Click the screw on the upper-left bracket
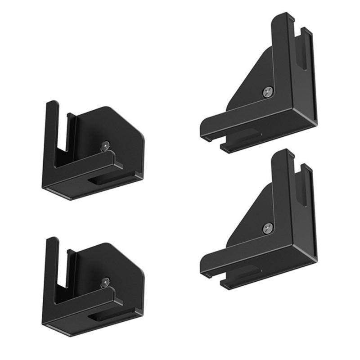click(x=106, y=145)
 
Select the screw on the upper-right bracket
click(x=267, y=92)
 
